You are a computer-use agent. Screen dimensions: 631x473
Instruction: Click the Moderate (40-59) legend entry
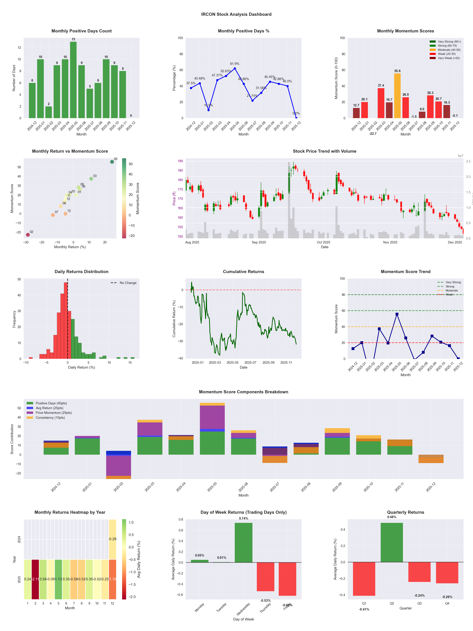(x=449, y=50)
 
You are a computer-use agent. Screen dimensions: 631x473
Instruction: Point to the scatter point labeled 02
(x=28, y=235)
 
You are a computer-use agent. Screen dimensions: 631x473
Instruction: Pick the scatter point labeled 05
(x=112, y=162)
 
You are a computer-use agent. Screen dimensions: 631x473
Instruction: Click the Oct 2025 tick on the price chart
(x=323, y=242)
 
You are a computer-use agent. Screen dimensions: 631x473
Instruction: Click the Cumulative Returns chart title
(x=244, y=272)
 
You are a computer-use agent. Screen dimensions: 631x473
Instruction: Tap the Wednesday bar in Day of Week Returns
(x=244, y=542)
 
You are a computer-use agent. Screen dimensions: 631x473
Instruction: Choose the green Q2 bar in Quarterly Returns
(x=392, y=542)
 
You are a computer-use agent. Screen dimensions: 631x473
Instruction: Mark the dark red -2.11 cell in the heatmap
(x=35, y=579)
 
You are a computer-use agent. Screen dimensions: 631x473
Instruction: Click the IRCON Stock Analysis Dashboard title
(x=236, y=14)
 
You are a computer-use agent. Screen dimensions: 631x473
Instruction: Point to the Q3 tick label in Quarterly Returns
(x=419, y=603)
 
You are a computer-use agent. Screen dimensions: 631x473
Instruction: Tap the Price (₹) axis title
(x=174, y=198)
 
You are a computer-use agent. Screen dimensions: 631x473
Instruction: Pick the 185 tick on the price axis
(x=180, y=171)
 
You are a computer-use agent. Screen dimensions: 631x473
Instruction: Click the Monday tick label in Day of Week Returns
(x=199, y=608)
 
